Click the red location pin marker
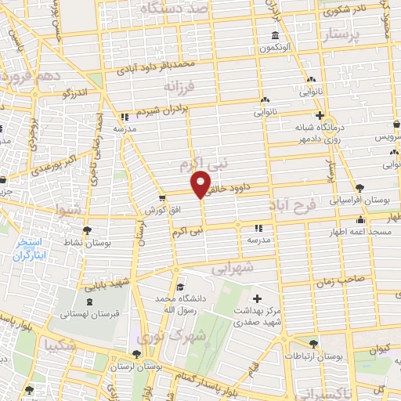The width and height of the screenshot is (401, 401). coord(201,183)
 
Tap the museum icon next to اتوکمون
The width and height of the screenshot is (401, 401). coord(275,35)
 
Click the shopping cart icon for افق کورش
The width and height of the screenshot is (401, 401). coord(161,199)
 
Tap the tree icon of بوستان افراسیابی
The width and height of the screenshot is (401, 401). coord(359,188)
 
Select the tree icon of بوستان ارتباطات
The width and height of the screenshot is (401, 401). coord(314,343)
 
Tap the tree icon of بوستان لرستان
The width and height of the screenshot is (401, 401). coord(137,354)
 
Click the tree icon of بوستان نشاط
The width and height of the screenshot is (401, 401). coord(86,229)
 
